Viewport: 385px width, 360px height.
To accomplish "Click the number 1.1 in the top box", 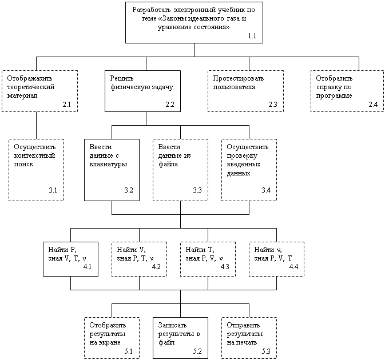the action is pos(252,36).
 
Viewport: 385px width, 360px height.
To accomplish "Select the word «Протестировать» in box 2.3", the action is pos(238,78).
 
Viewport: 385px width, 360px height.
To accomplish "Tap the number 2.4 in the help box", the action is pos(373,104).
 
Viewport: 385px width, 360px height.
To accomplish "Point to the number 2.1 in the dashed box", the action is pos(66,104).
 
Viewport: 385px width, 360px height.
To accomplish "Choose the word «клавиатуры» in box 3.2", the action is pos(108,164).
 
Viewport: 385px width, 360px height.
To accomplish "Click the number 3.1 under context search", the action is pos(53,190).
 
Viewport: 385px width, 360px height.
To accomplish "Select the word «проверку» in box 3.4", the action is pos(242,156).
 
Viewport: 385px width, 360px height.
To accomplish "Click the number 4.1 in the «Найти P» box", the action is pos(87,266).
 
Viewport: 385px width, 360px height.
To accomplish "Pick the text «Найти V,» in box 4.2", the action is pos(131,250).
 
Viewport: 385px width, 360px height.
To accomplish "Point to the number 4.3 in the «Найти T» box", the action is pos(225,266).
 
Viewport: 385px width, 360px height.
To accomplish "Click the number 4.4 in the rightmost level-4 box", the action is pos(293,266).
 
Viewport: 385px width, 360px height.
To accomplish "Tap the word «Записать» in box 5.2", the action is pos(172,325).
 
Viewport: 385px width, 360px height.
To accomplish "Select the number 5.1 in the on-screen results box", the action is pos(128,351).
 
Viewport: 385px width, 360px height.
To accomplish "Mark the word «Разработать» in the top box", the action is pos(152,10).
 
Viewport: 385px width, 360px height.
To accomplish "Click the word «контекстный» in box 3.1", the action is pos(34,155).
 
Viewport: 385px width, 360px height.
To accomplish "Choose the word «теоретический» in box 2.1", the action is pos(31,87).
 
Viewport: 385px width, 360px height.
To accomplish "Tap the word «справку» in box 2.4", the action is pos(328,87).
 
